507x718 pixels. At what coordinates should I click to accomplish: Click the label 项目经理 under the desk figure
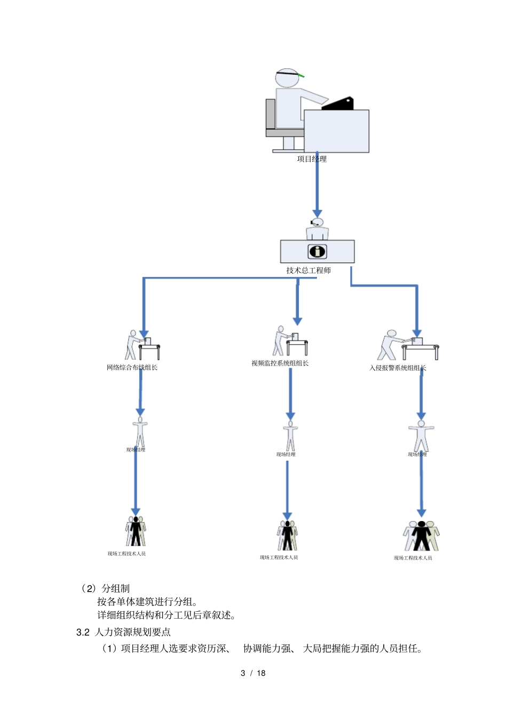pos(312,159)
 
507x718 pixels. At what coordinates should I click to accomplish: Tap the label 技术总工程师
pos(308,271)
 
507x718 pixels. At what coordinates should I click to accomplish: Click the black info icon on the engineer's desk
pos(317,251)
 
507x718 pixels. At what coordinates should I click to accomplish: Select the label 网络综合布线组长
pos(132,368)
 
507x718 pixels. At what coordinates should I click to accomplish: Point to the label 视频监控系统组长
pos(280,364)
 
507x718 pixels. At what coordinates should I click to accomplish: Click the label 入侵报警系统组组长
pos(398,368)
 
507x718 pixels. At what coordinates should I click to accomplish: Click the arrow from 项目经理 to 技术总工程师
pos(317,187)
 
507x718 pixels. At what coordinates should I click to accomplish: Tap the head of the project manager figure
pos(287,78)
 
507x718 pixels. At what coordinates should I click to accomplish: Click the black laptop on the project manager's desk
pos(338,104)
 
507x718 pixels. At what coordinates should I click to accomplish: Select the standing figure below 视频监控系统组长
pos(290,436)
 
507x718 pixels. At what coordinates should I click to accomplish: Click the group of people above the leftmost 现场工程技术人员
pos(136,531)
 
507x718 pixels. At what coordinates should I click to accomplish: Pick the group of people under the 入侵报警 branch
pos(421,536)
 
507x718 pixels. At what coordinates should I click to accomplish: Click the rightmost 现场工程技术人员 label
pos(413,558)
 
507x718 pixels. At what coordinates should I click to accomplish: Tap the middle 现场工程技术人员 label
pos(279,558)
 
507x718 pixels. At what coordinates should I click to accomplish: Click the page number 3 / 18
pos(253,673)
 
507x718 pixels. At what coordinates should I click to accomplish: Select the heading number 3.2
pos(83,633)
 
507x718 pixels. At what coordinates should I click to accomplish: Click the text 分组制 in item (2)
pos(116,589)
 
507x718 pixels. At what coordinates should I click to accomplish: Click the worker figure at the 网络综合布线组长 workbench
pos(132,344)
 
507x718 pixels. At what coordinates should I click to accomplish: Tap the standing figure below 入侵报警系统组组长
pos(421,436)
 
